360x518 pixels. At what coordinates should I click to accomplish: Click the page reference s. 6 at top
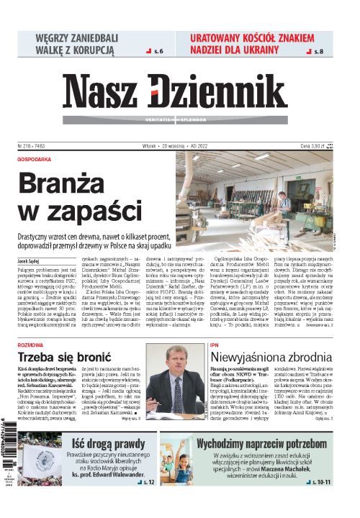click(156, 52)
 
